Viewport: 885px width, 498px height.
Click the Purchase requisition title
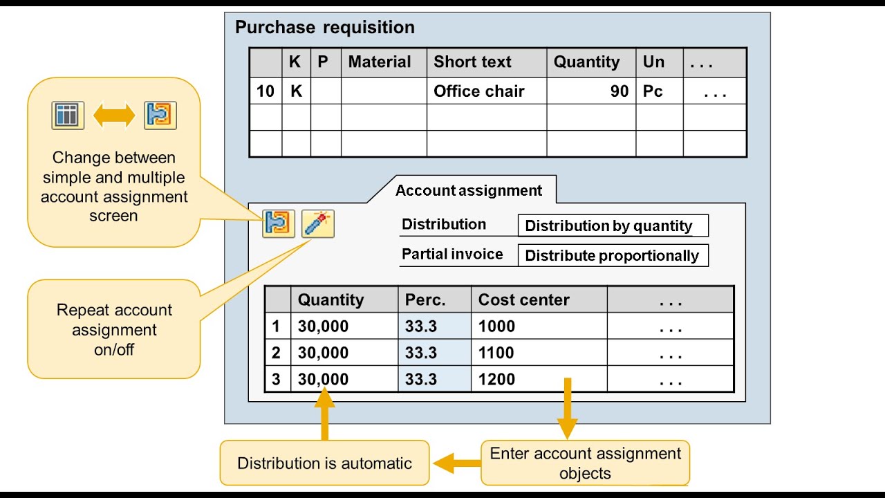coord(325,28)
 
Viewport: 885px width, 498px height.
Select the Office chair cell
coord(479,91)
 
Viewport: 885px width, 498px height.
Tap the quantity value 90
coord(619,91)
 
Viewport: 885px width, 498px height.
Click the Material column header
coord(380,62)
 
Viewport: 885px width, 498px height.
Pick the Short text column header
coord(472,62)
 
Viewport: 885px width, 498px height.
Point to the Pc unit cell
coord(653,91)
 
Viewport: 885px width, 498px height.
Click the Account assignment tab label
coord(469,191)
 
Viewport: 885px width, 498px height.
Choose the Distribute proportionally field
coord(613,255)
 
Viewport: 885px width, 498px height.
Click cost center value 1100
coord(496,353)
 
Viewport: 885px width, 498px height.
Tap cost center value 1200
coord(496,379)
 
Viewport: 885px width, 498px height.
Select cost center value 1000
coord(496,326)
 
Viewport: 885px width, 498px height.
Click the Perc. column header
coord(425,300)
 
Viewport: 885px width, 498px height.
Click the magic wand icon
coord(318,223)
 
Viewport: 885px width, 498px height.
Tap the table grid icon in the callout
coord(68,116)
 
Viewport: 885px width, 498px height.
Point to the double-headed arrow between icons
coord(114,116)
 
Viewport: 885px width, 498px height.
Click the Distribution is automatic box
coord(324,463)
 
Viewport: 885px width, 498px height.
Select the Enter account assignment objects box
coord(585,463)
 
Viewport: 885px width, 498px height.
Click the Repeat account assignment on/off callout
coord(114,329)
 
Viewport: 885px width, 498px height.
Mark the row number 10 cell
coord(265,91)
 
